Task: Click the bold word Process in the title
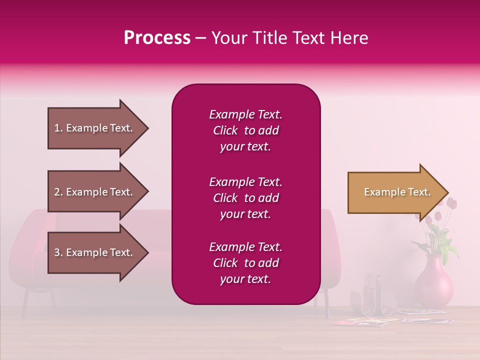[x=157, y=38]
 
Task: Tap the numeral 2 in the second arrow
[x=57, y=192]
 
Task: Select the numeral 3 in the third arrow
[x=57, y=252]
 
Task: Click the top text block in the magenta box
[x=245, y=130]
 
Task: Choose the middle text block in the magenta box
[x=245, y=198]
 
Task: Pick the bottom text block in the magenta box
[x=245, y=263]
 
